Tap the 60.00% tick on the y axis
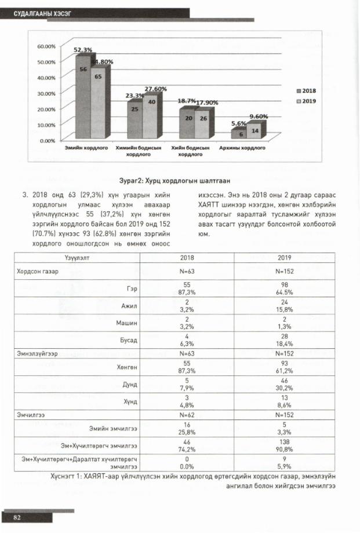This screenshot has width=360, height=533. [x=46, y=46]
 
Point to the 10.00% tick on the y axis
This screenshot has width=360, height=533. [x=46, y=125]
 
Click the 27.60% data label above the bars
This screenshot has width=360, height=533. [x=155, y=89]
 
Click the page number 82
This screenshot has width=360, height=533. [x=17, y=517]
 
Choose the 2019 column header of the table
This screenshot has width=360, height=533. [x=284, y=258]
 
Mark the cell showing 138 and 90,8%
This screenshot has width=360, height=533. [x=284, y=446]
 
